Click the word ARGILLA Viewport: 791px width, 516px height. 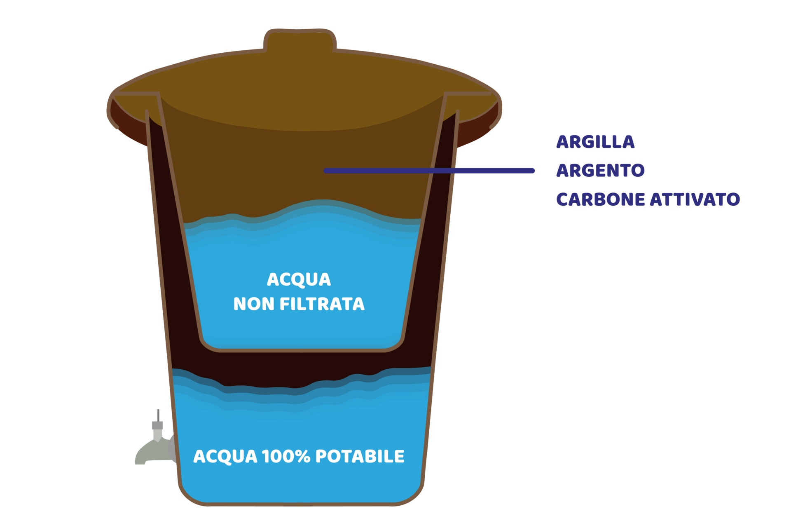click(595, 142)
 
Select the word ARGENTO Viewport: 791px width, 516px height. click(600, 170)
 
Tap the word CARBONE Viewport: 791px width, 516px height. click(601, 199)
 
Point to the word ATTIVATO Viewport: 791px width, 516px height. click(695, 199)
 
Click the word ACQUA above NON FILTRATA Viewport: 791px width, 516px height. click(299, 279)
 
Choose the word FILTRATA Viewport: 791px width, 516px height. click(322, 304)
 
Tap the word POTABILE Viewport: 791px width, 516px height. click(360, 456)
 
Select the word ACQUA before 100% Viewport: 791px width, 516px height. click(225, 457)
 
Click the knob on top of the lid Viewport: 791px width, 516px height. click(300, 40)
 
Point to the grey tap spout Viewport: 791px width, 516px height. click(152, 453)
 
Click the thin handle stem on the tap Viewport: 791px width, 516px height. click(158, 415)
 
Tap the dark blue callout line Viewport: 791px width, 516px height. click(429, 171)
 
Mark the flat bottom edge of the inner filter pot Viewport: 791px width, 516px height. click(302, 350)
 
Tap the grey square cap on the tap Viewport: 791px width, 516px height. click(157, 425)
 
